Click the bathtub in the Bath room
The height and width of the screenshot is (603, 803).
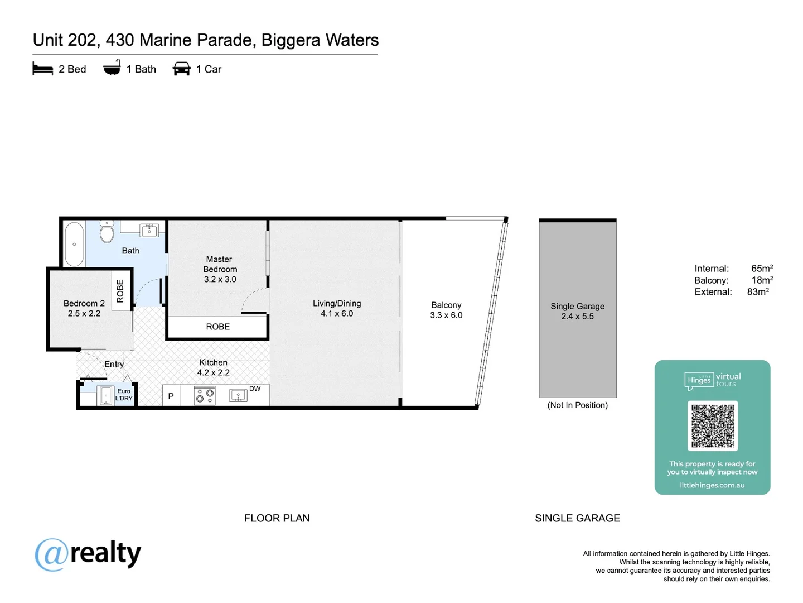pyautogui.click(x=74, y=245)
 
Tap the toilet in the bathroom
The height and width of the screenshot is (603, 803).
pyautogui.click(x=107, y=232)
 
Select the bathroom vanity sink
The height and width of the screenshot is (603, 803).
pyautogui.click(x=149, y=229)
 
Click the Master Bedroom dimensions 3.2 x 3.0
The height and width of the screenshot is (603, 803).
pyautogui.click(x=220, y=279)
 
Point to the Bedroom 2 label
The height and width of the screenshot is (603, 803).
pyautogui.click(x=84, y=303)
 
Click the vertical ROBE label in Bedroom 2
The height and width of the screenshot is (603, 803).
pyautogui.click(x=120, y=291)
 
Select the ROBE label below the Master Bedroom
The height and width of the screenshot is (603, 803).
pyautogui.click(x=217, y=327)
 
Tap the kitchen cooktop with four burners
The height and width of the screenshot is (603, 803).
pyautogui.click(x=205, y=396)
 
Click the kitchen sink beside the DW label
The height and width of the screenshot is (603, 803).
pyautogui.click(x=238, y=396)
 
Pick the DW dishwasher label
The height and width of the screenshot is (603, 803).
pyautogui.click(x=255, y=389)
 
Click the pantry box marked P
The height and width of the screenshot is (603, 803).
pyautogui.click(x=171, y=396)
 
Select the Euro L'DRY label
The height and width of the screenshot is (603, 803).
pyautogui.click(x=124, y=395)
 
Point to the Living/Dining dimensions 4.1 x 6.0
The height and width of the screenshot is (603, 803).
pyautogui.click(x=337, y=314)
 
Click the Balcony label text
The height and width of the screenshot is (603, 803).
pyautogui.click(x=446, y=305)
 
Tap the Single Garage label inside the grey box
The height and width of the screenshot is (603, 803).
pyautogui.click(x=577, y=306)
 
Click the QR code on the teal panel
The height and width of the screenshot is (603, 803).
pyautogui.click(x=712, y=425)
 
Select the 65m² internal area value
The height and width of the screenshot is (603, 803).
pyautogui.click(x=761, y=269)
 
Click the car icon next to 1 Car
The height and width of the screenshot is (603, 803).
pyautogui.click(x=182, y=69)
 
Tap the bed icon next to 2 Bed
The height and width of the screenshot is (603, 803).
pyautogui.click(x=43, y=69)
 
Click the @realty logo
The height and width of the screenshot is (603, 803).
pyautogui.click(x=88, y=554)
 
